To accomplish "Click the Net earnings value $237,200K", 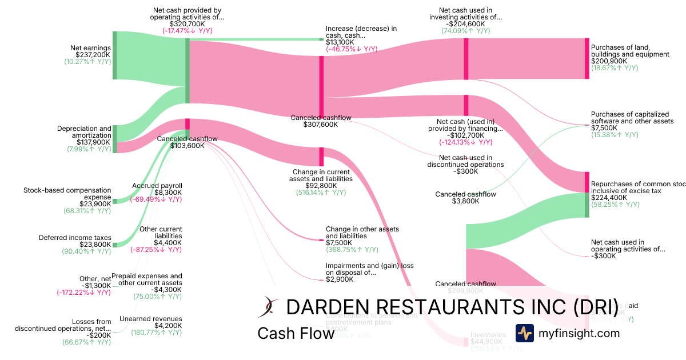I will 92,54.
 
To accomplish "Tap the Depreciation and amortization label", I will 85,132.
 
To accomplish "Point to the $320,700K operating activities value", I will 187,25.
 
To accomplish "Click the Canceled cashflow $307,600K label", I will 321,121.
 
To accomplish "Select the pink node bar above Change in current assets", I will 321,157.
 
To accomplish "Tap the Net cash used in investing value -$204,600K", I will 465,24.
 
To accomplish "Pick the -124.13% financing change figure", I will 465,142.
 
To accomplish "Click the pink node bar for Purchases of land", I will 587,58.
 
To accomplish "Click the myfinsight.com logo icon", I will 524,333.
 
